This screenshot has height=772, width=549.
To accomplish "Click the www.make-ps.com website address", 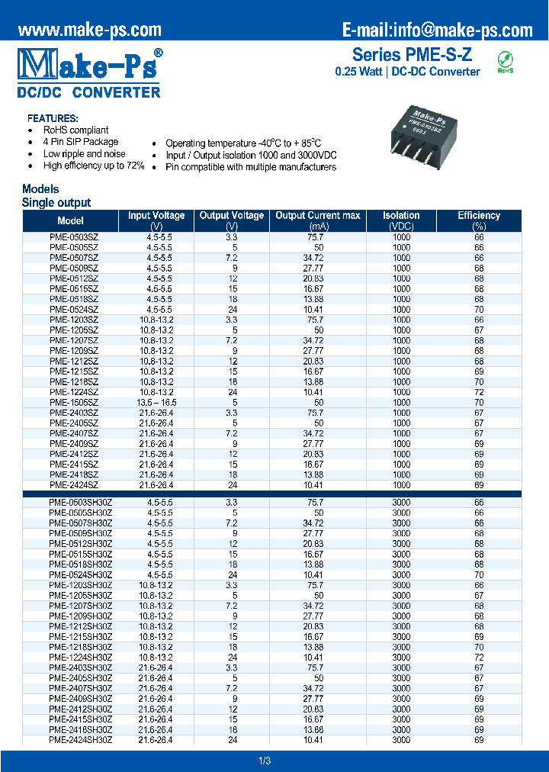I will click(x=89, y=30).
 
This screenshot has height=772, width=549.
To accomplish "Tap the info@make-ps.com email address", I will click(x=437, y=30).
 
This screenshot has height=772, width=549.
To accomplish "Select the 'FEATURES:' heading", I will click(x=53, y=119).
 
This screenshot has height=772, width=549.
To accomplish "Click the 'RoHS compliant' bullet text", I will click(x=75, y=130).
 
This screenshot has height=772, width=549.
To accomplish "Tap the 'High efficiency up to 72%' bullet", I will click(x=93, y=166).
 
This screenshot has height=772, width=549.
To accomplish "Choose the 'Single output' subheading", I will click(x=56, y=203).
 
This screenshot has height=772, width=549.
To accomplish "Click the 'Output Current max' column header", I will click(x=317, y=216).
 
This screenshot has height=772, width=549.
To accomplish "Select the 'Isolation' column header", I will click(x=401, y=216).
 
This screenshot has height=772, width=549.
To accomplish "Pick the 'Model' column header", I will click(x=70, y=220).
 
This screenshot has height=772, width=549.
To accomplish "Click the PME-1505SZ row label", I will click(x=74, y=402).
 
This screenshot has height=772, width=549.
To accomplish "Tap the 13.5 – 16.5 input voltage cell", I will click(x=156, y=402).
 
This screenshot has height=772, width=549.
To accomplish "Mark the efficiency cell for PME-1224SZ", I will click(x=479, y=391).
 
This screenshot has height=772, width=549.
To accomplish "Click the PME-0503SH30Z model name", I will click(x=80, y=503).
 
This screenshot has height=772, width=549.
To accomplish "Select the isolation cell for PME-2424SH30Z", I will click(x=401, y=739).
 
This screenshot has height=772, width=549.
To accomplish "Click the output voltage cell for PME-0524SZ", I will click(x=233, y=309).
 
